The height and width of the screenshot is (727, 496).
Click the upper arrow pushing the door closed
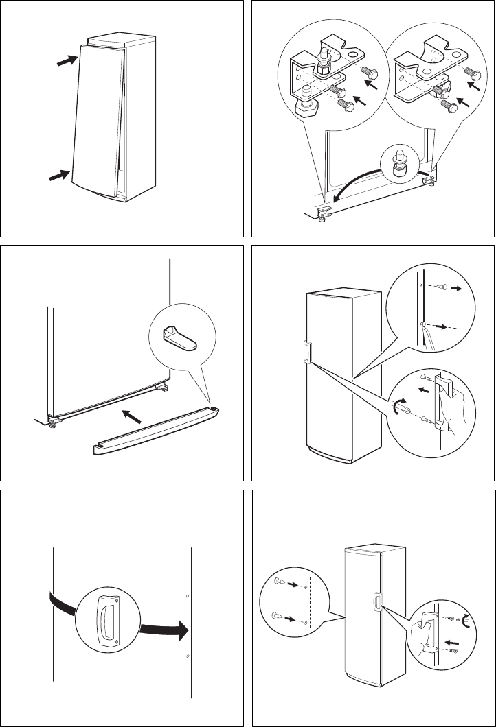click(x=65, y=61)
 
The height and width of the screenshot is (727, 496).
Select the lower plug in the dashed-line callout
click(x=278, y=615)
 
